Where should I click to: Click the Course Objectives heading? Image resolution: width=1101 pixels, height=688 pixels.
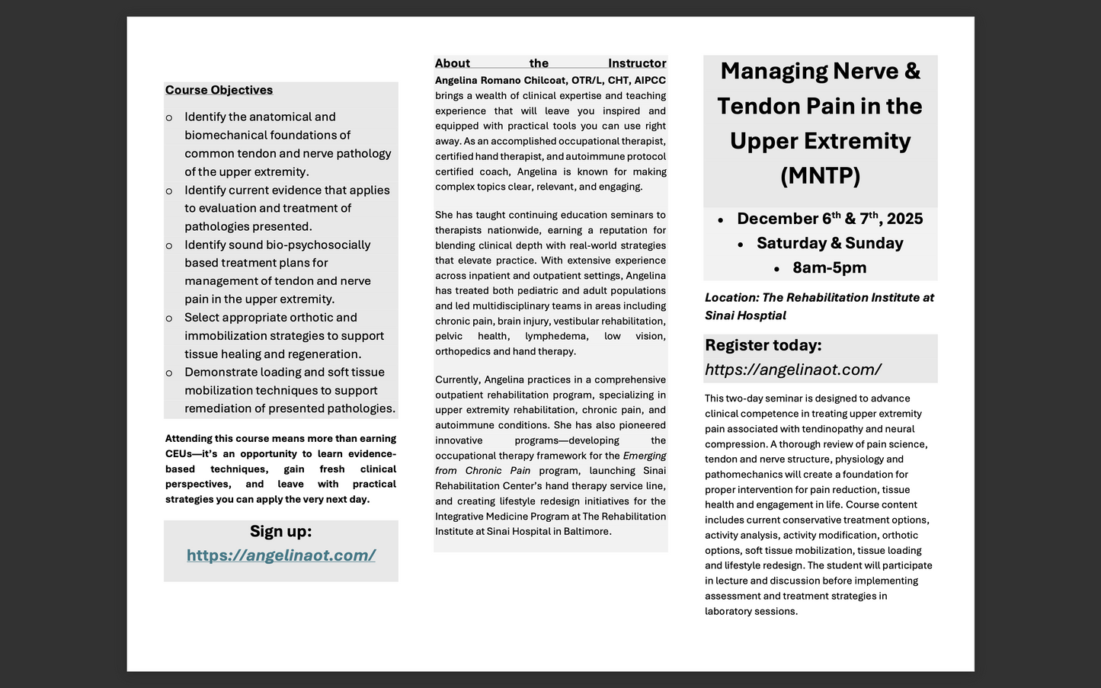[x=219, y=90]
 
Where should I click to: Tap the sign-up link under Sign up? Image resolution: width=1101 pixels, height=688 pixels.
[x=280, y=555]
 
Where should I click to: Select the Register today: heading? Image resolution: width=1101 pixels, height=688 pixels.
[x=763, y=345]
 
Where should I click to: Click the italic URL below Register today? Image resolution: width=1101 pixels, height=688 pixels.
[x=792, y=370]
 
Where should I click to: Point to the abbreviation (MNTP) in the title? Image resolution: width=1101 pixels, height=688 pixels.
[x=820, y=176]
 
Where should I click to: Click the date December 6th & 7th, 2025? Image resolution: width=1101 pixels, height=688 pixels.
[x=829, y=219]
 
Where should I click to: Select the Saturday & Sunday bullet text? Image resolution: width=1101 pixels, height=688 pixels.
[x=829, y=243]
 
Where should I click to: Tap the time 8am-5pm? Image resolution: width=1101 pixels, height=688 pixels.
[x=829, y=267]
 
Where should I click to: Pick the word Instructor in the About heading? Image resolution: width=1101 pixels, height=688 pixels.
[x=636, y=63]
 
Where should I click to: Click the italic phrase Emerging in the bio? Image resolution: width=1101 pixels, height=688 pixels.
[x=645, y=456]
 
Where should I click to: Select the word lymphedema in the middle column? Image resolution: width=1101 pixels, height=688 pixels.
[x=556, y=336]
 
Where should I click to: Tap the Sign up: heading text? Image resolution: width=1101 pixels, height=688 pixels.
[x=280, y=531]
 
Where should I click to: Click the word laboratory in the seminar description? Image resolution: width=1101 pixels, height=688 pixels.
[x=728, y=611]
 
